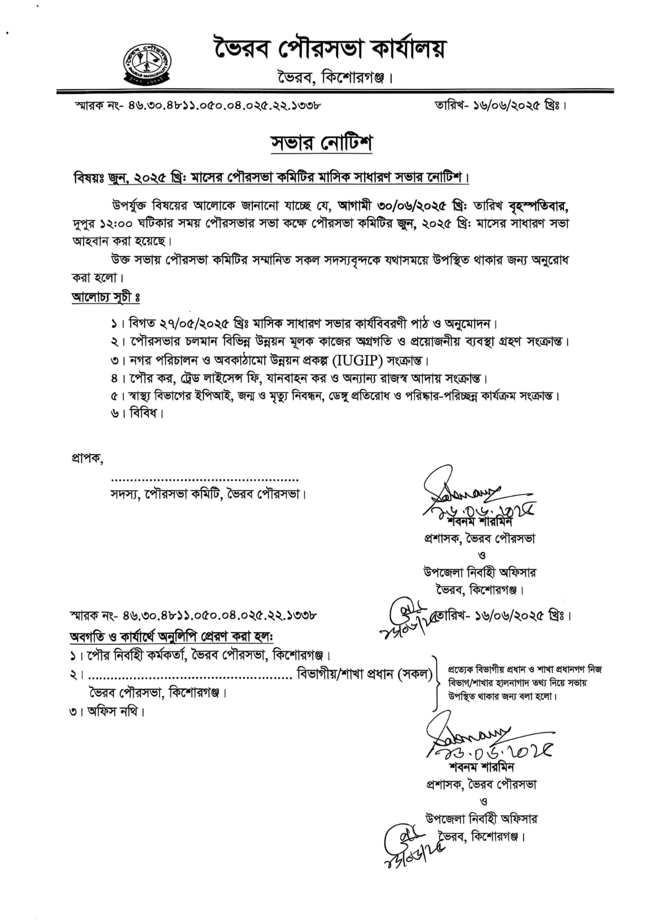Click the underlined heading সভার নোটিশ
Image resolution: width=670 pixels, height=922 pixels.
(x=322, y=143)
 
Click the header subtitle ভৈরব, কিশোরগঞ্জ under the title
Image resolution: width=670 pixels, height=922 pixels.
(x=334, y=77)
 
